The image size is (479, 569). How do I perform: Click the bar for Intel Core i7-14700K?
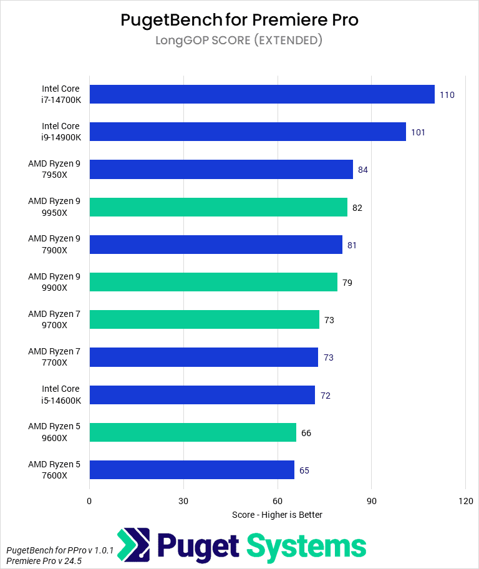(x=262, y=94)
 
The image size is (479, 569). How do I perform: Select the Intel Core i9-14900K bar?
(x=248, y=132)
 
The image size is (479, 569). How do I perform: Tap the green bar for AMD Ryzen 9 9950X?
(x=218, y=207)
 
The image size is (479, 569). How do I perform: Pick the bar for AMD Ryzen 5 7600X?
(x=191, y=470)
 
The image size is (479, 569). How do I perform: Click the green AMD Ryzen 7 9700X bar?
(x=204, y=319)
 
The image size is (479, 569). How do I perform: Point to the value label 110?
(x=447, y=95)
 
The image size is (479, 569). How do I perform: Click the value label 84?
(x=363, y=170)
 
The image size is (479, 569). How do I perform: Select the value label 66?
(x=306, y=432)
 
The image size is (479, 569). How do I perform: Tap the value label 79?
(x=347, y=283)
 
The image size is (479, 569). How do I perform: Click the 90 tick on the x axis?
(x=371, y=501)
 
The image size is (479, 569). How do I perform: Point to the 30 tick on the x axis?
(x=183, y=501)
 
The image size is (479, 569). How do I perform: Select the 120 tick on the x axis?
(x=465, y=501)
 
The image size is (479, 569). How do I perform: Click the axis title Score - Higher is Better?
(x=277, y=515)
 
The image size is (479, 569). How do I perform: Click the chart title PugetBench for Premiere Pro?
(x=239, y=20)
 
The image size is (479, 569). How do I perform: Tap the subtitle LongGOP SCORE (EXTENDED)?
(x=239, y=41)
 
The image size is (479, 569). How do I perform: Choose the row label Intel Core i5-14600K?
(x=61, y=394)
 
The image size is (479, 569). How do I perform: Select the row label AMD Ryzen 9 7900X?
(x=56, y=245)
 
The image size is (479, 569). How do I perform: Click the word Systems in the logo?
(x=307, y=546)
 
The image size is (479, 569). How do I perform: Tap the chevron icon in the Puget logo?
(x=133, y=545)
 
